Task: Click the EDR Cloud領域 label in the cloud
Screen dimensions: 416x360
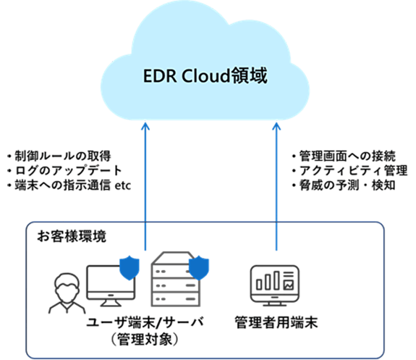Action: click(205, 76)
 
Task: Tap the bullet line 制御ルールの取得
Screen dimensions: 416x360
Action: click(59, 156)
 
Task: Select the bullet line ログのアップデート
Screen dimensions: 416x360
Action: click(64, 170)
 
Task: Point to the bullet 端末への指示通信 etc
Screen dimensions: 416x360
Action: click(69, 185)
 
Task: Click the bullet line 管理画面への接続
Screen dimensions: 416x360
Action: click(344, 156)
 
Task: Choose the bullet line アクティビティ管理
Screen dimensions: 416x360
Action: click(349, 170)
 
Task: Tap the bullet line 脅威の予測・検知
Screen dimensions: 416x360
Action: click(344, 185)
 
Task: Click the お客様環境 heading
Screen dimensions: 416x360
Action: click(72, 236)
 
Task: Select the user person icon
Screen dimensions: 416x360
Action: click(67, 293)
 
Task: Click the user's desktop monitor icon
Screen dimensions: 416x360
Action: click(111, 285)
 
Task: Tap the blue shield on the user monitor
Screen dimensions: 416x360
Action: click(130, 268)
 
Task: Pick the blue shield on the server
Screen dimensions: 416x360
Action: click(199, 268)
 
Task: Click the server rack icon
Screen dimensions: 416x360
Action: click(175, 279)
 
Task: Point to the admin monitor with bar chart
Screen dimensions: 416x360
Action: click(275, 285)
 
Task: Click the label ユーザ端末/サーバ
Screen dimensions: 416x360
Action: click(145, 322)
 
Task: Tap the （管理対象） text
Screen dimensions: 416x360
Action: click(145, 339)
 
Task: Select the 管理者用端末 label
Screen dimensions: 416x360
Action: click(276, 322)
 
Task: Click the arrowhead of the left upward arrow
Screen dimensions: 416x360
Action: click(145, 125)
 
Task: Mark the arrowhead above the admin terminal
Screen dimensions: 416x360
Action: click(276, 125)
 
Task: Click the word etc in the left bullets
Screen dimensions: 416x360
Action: click(123, 185)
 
